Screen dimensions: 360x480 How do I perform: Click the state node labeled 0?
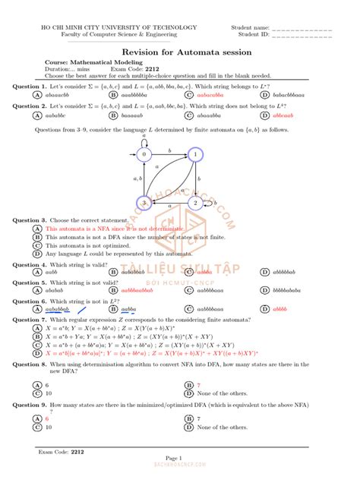point(142,154)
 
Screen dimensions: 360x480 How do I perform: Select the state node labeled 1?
point(194,154)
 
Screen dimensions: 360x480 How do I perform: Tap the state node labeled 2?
point(194,203)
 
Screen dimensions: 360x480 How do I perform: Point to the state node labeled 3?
point(142,203)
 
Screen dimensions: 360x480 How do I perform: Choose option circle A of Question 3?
point(36,228)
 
